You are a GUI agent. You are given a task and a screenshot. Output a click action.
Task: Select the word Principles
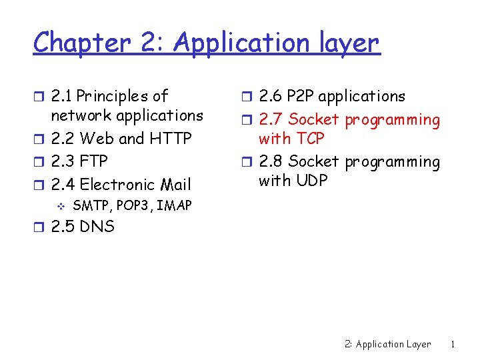coord(114,97)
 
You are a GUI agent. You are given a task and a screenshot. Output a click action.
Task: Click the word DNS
coord(97,227)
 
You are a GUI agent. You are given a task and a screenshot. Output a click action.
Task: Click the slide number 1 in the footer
coord(453,345)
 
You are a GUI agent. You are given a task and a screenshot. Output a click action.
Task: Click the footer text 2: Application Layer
coord(388,345)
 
